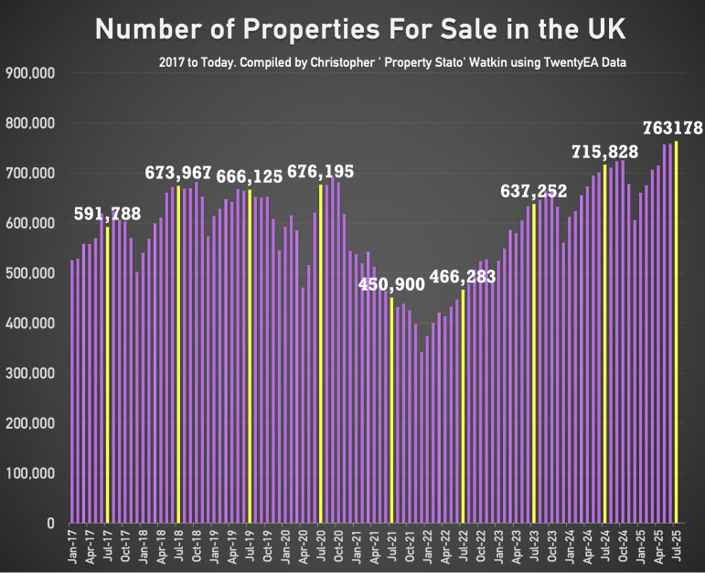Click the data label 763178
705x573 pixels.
[x=671, y=129]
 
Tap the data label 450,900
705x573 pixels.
[x=391, y=284]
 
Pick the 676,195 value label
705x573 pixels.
[x=320, y=172]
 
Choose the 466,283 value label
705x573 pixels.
[x=463, y=276]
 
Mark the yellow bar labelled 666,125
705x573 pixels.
[x=250, y=356]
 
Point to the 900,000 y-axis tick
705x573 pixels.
[x=30, y=73]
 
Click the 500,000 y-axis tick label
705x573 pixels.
[x=30, y=273]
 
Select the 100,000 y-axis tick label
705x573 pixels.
[x=30, y=473]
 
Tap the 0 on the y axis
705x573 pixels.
[x=51, y=524]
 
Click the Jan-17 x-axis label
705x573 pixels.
[x=73, y=546]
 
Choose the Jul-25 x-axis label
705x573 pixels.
[x=676, y=546]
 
